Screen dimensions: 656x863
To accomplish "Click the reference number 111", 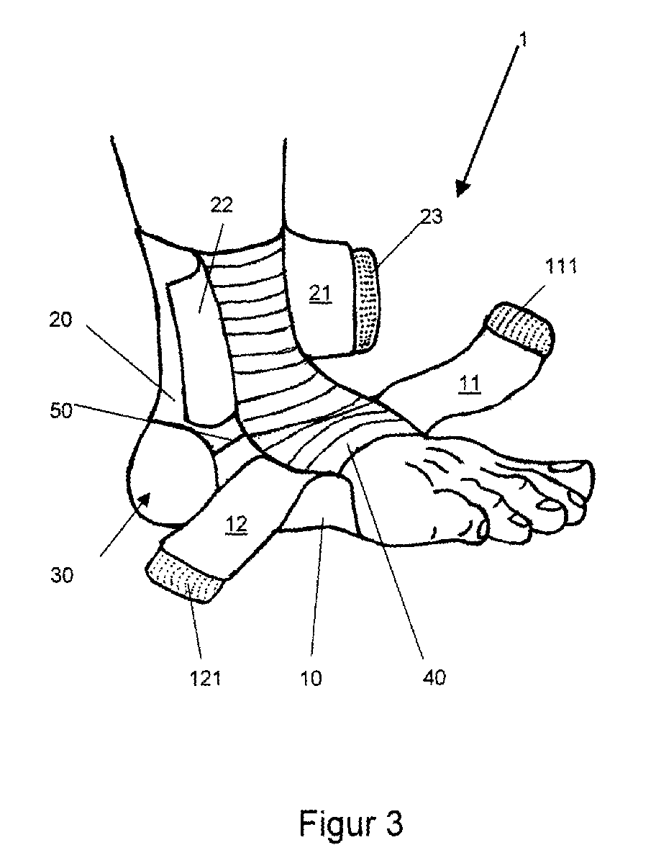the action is coord(560,267).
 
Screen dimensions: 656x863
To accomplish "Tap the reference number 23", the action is coord(431,217).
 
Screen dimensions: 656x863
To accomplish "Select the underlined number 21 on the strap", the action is coord(319,294).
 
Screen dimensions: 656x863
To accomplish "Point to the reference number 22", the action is coord(221,204).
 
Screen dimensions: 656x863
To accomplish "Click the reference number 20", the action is coord(60,320).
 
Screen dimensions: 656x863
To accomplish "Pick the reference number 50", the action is coord(60,410).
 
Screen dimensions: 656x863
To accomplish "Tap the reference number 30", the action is coord(61,575).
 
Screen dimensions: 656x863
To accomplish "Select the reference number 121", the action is coord(205,677).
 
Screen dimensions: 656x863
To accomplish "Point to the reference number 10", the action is coord(311,677).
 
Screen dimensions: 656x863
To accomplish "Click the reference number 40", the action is coord(434,677).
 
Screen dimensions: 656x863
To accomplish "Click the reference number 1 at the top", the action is coord(524,40).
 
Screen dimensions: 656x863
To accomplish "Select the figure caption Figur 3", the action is coord(351,824).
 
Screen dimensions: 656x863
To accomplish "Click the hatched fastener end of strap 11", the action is coord(519,327).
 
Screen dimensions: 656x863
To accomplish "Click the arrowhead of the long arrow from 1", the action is coord(462,189).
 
